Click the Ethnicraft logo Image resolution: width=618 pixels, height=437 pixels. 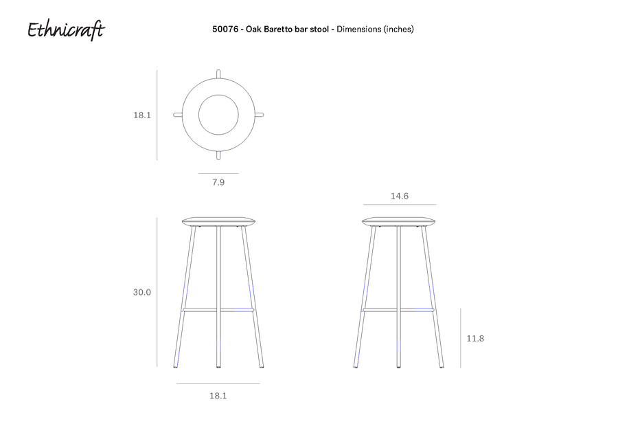[x=66, y=30]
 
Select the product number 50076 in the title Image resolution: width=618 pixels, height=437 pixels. [x=225, y=29]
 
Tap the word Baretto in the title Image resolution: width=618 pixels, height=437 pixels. [x=278, y=29]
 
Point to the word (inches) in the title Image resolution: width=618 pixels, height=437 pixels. [x=398, y=29]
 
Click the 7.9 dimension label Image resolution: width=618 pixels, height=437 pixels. [x=218, y=182]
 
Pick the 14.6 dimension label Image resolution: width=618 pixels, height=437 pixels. [x=400, y=196]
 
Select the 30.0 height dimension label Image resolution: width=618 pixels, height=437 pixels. [x=142, y=292]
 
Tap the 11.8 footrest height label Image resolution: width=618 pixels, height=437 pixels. [x=475, y=338]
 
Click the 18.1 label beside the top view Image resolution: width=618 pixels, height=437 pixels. [x=142, y=115]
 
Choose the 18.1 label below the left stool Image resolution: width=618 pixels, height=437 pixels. [x=218, y=396]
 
